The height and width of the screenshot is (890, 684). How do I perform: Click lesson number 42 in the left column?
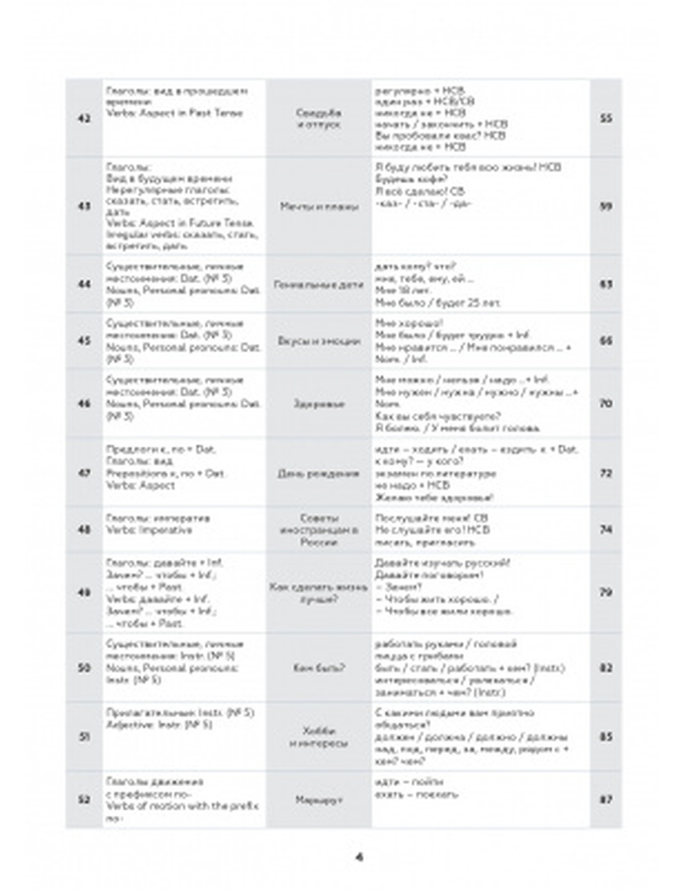(84, 118)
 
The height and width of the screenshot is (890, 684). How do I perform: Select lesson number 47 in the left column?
(84, 473)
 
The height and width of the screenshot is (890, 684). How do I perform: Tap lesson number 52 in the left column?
(84, 799)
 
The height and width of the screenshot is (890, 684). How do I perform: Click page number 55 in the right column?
(605, 118)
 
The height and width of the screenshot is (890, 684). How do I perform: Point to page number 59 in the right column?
(605, 207)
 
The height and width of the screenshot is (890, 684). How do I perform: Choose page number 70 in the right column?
(605, 404)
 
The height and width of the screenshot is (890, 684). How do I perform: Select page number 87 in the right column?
(605, 799)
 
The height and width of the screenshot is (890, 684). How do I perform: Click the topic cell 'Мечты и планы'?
(319, 207)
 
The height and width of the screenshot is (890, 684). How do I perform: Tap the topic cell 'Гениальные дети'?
(319, 284)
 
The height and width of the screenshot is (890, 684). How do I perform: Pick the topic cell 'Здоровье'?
(319, 404)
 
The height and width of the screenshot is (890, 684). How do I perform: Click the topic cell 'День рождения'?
(319, 473)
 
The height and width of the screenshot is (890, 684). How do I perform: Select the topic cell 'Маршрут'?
(319, 799)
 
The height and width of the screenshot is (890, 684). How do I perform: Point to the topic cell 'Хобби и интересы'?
(319, 737)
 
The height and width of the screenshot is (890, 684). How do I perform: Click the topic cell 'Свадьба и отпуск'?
(319, 118)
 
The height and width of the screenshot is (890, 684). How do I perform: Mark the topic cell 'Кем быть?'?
(319, 667)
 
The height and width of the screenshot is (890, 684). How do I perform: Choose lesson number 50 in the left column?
(84, 667)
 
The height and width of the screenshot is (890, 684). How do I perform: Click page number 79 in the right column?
(605, 592)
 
